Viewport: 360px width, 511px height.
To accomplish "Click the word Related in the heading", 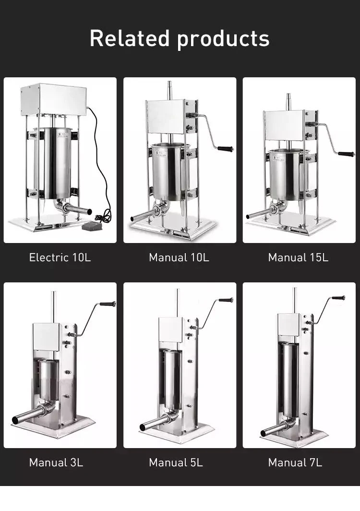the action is tap(129, 38).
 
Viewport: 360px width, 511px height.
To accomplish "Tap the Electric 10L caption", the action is tap(60, 257).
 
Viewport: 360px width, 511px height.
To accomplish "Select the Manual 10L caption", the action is tap(179, 257).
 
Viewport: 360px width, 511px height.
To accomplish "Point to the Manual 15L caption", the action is tap(298, 257).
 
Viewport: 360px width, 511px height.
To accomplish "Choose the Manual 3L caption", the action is tap(56, 462).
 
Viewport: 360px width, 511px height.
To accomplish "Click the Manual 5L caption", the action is tap(176, 462).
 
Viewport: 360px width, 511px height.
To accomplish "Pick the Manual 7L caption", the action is tap(295, 462).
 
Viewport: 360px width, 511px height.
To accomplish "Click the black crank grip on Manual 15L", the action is tap(346, 154).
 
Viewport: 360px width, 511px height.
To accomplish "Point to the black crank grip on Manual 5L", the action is tap(226, 300).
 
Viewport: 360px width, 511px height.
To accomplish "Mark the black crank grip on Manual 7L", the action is tap(339, 298).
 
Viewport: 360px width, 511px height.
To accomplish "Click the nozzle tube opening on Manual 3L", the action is tap(15, 420).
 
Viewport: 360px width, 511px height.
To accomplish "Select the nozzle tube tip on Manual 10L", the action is tap(132, 219).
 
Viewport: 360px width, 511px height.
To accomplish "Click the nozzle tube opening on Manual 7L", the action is tap(263, 434).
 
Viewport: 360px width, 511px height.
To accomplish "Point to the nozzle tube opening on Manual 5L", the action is tap(143, 427).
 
